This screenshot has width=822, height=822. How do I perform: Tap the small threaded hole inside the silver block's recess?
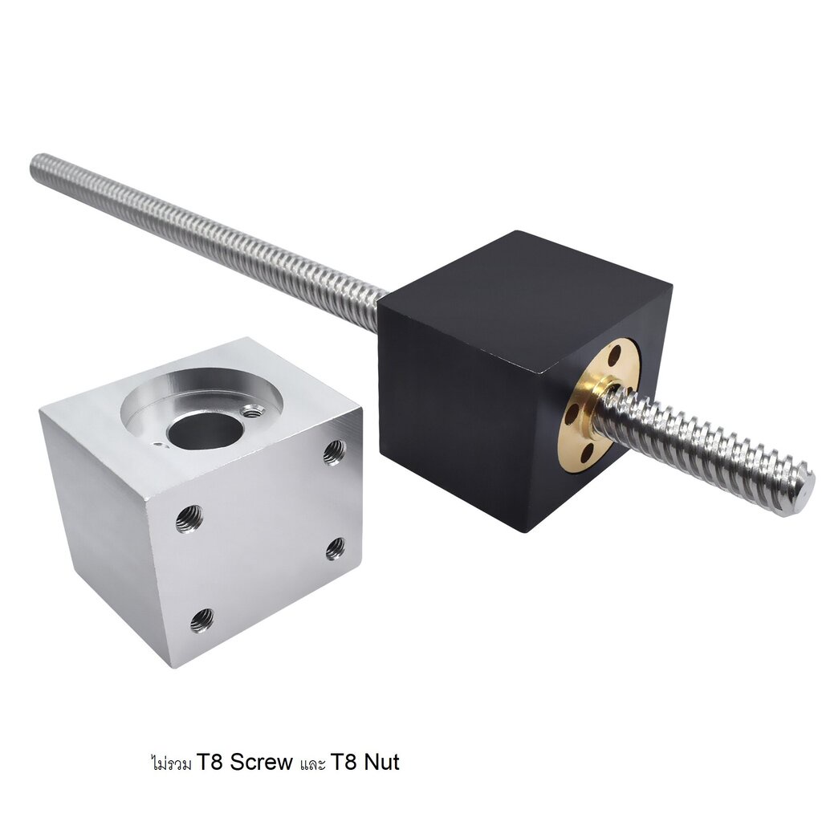tap(254, 412)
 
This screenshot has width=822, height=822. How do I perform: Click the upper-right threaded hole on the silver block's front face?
tap(335, 452)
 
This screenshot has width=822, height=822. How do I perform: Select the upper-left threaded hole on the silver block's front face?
tap(189, 519)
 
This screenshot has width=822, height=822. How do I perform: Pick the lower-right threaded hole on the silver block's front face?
tap(336, 549)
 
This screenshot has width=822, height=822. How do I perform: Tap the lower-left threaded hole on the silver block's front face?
tap(201, 620)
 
